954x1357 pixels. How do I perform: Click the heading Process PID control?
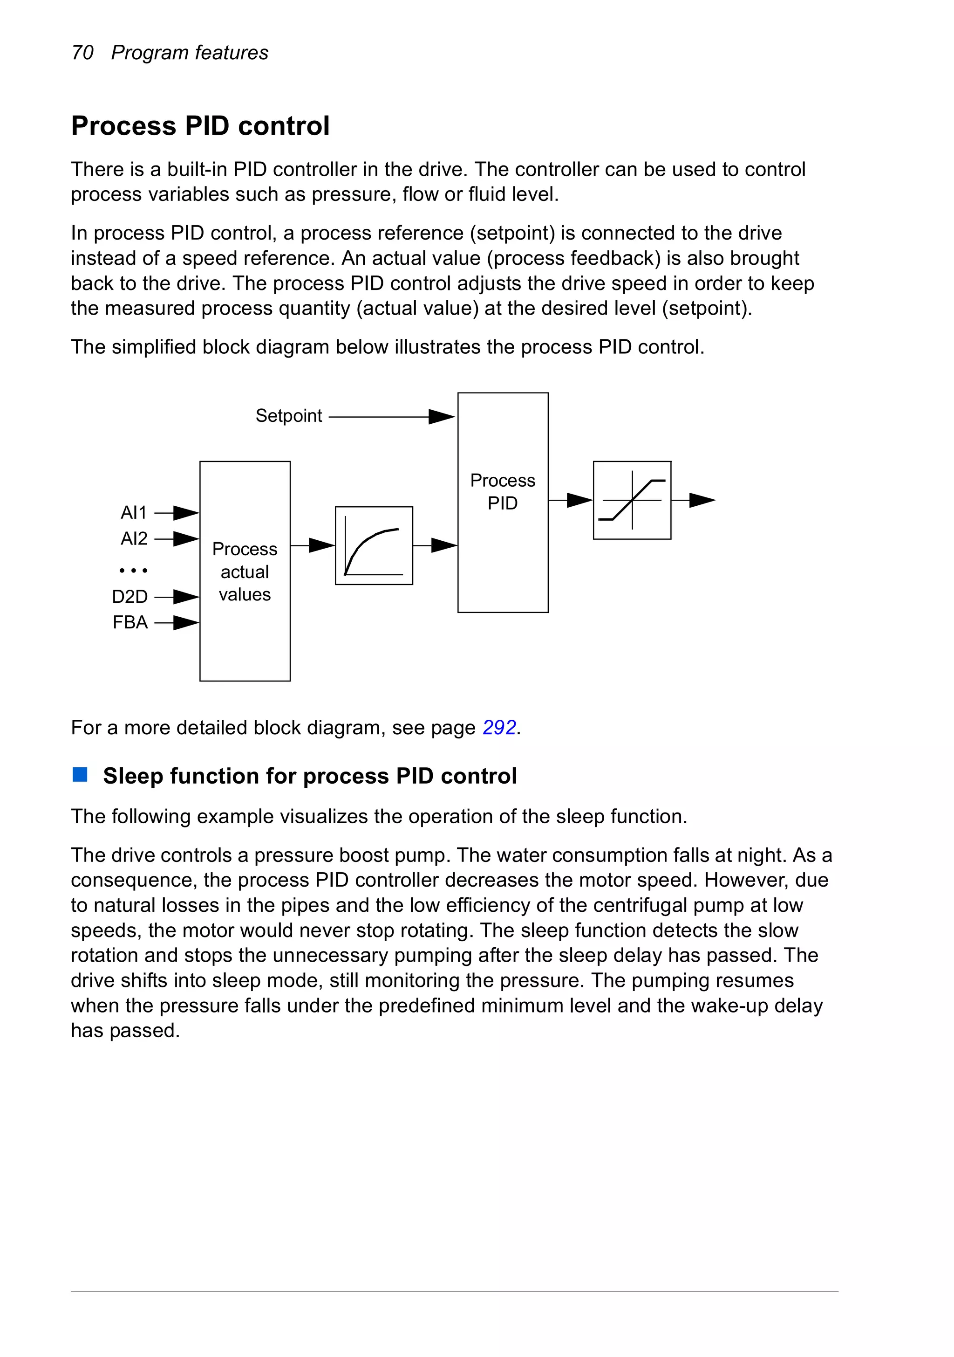click(200, 126)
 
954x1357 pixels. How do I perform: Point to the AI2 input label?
click(134, 538)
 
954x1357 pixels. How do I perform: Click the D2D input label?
click(129, 596)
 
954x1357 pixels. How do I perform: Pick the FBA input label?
click(130, 622)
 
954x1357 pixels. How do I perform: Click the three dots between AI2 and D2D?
click(133, 570)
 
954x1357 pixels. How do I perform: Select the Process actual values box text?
click(245, 572)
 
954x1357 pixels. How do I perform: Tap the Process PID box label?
click(503, 491)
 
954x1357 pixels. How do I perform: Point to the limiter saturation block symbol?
click(632, 500)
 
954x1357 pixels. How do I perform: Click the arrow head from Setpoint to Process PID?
click(441, 417)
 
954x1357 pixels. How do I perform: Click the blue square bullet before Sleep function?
click(80, 775)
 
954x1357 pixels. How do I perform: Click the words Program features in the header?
click(190, 53)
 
